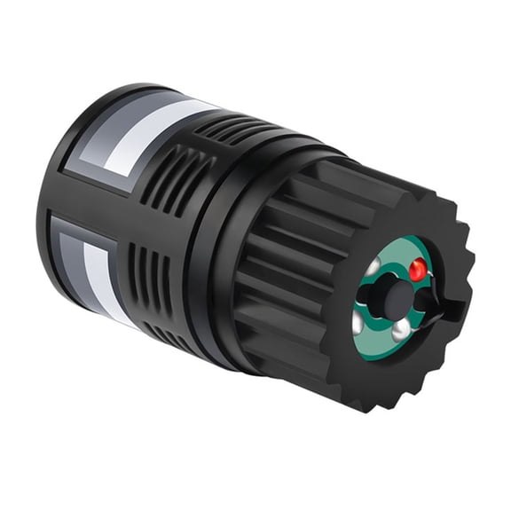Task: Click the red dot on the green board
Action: (x=416, y=266)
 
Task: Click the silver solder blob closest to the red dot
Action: (x=376, y=265)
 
